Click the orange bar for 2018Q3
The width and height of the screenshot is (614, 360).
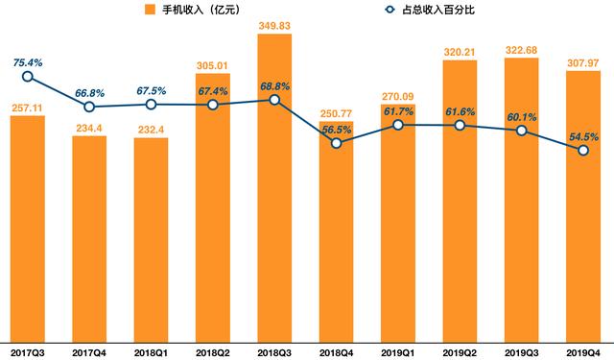pos(274,192)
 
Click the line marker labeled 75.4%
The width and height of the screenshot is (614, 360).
pos(28,76)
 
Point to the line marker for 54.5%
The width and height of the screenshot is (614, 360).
pos(583,150)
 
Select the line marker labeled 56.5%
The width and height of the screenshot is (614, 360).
pos(336,143)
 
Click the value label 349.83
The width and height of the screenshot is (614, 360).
pos(274,26)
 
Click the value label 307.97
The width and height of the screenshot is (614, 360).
pos(583,62)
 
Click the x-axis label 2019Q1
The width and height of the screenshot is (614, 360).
pos(398,350)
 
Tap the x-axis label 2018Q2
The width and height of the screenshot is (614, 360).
pos(213,350)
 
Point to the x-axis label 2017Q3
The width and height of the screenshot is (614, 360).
pos(28,350)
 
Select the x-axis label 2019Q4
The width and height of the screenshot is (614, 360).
pos(583,350)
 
